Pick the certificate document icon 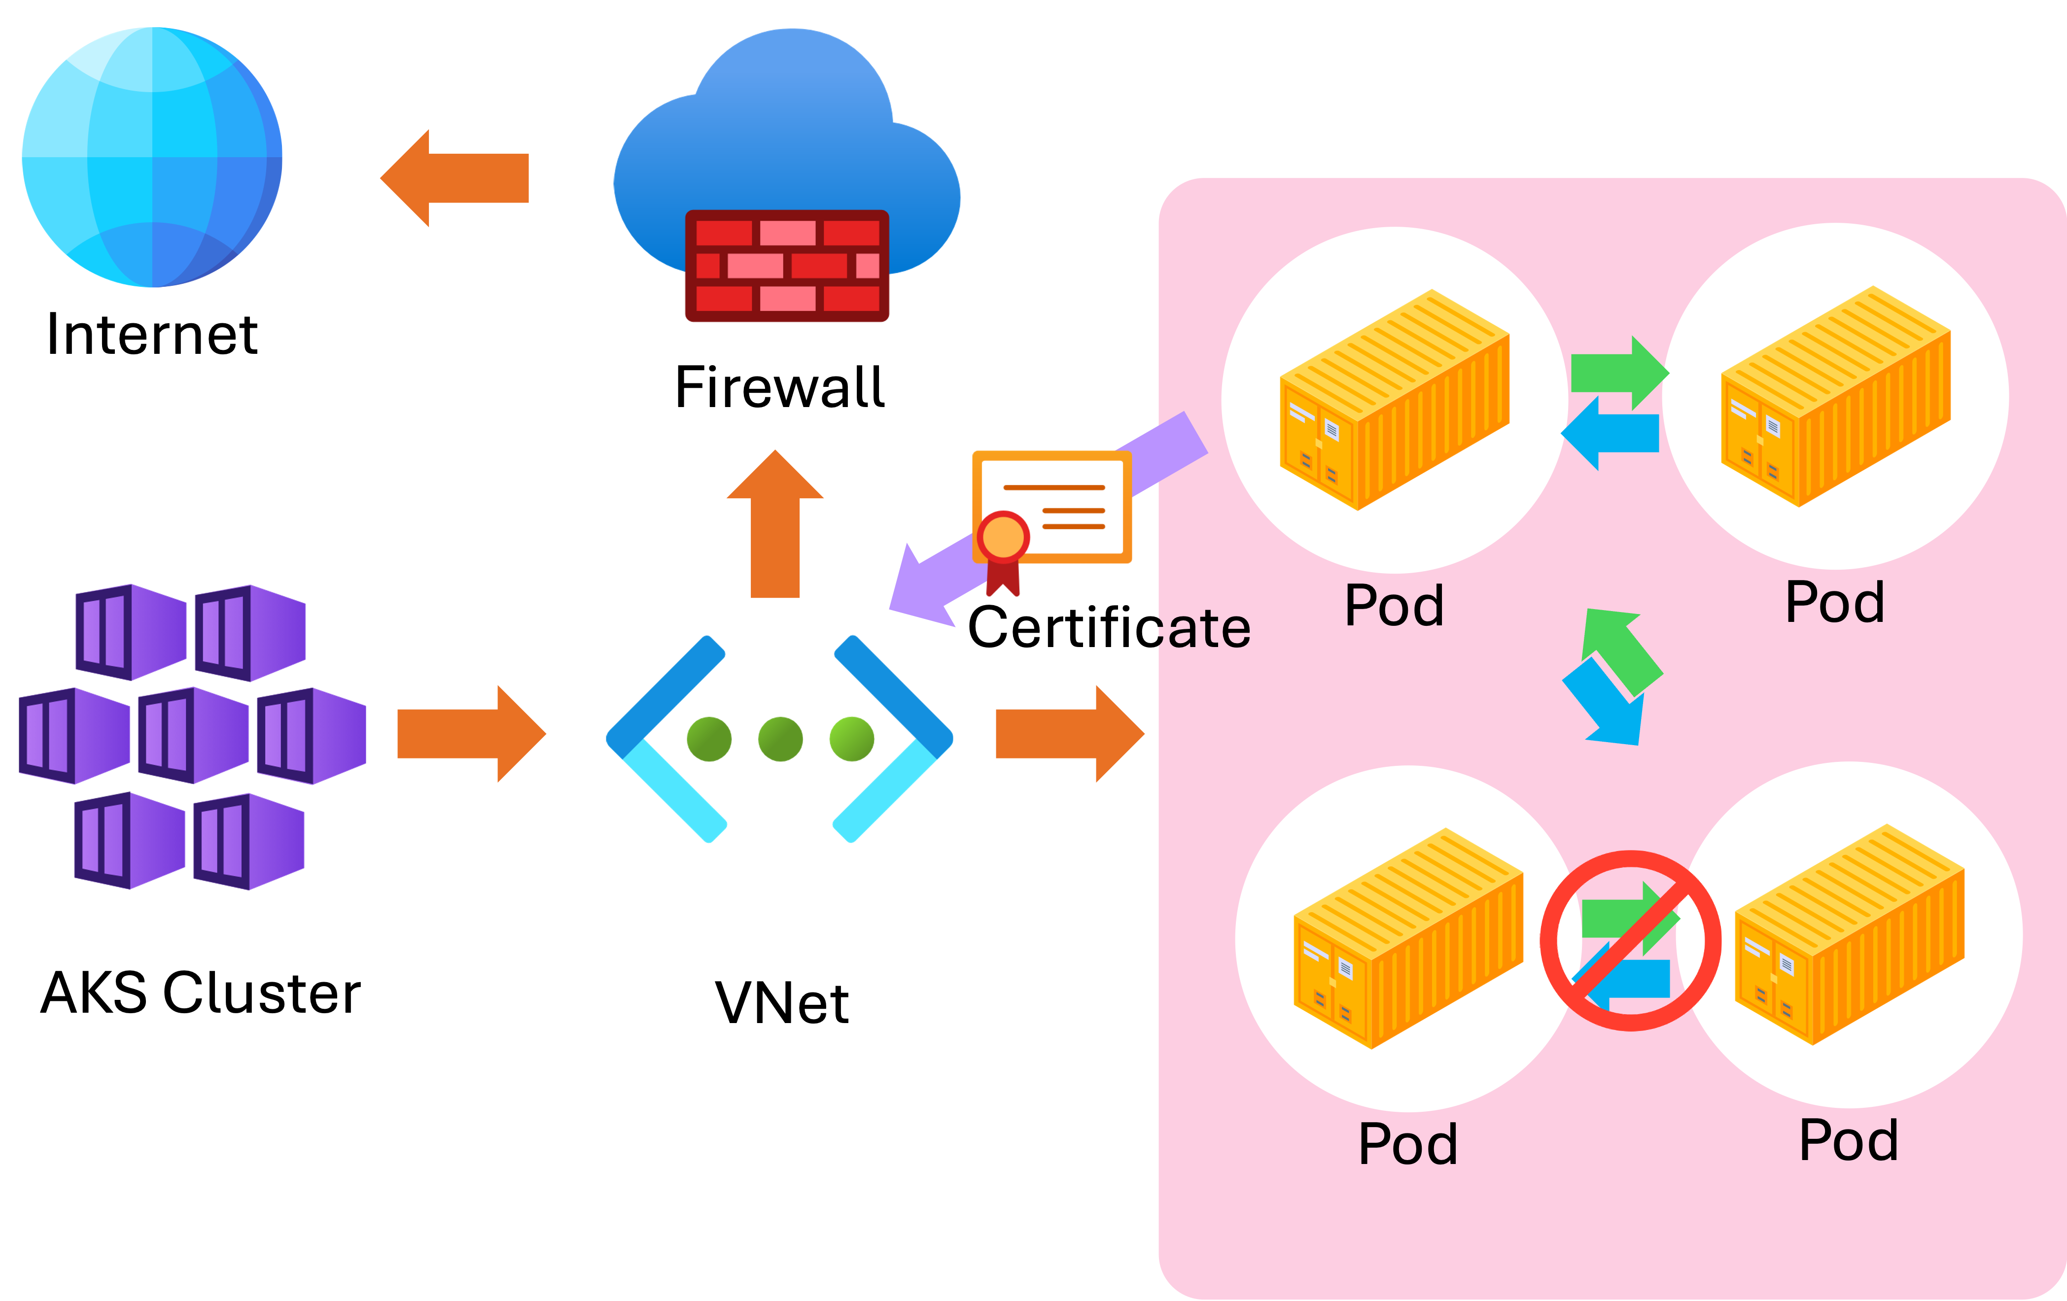tap(1051, 511)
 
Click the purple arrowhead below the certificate tap(923, 583)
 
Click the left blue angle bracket tap(661, 738)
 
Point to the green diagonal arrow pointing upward tap(1622, 648)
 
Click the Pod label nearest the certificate tap(1394, 606)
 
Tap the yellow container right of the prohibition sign tap(1850, 935)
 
